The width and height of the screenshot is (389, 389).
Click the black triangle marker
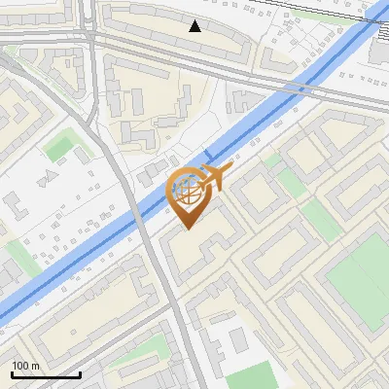click(x=195, y=26)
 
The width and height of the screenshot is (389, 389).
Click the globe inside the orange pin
click(x=188, y=192)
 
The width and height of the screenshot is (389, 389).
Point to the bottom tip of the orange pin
click(x=188, y=229)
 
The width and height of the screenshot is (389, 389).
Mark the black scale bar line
click(x=46, y=374)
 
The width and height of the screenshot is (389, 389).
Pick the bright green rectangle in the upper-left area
click(x=60, y=147)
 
